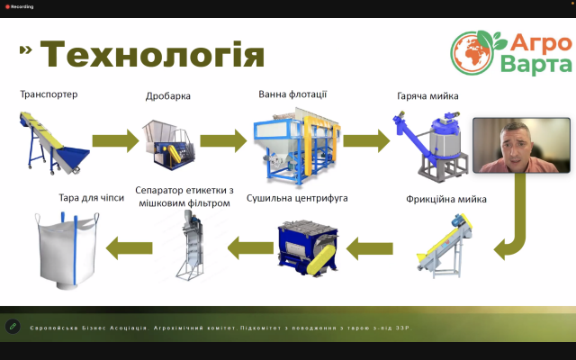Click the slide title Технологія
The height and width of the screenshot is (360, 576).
coord(152,54)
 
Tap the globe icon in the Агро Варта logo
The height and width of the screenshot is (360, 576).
coord(472,52)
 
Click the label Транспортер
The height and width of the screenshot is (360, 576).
coord(49,94)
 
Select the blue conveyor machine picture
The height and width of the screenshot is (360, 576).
coord(54,142)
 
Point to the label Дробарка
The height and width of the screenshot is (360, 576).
coord(168,96)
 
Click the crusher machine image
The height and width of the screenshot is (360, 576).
coord(168,144)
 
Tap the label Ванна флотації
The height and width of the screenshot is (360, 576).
coord(292,94)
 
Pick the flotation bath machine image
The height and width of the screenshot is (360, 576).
coord(297,146)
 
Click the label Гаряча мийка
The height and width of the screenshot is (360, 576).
coord(427,96)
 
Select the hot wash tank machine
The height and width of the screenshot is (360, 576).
coord(430,146)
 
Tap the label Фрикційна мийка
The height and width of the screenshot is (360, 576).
coord(446,199)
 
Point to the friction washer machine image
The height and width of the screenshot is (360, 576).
coord(445,245)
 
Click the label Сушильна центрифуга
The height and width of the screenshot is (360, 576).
coord(297,198)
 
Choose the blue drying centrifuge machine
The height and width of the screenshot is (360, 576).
coord(308,248)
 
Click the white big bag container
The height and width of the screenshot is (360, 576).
coord(67,250)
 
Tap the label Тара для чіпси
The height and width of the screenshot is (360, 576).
coord(92,198)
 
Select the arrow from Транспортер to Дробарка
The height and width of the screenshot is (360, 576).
coord(116,140)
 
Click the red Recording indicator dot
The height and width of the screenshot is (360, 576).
coord(7,7)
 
